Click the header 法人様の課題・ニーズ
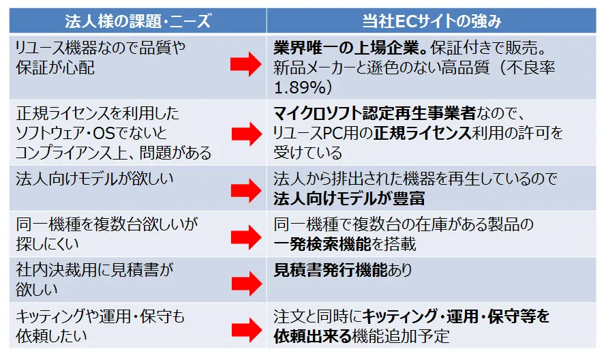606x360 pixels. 138,21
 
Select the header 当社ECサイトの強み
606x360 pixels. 434,21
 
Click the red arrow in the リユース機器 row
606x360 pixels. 245,65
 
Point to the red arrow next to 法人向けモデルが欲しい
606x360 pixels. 245,190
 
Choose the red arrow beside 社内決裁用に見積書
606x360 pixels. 245,281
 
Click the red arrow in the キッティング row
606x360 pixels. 245,328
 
